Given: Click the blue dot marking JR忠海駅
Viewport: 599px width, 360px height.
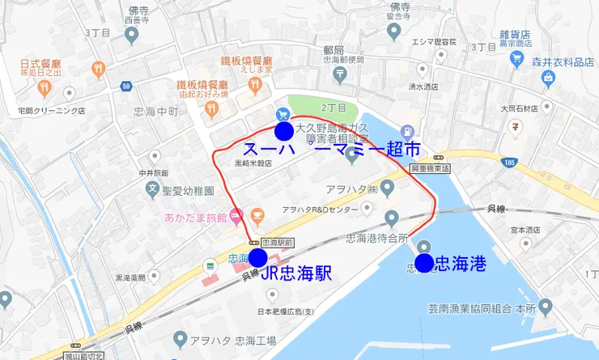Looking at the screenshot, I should (258, 258).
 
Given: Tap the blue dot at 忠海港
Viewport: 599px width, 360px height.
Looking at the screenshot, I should (423, 263).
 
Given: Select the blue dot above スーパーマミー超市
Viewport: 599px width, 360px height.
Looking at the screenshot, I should (284, 131).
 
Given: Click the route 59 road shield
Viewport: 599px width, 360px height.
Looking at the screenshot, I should (126, 85).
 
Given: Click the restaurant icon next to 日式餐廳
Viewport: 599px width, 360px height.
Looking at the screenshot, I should (98, 68).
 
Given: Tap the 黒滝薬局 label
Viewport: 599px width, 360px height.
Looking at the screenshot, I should (134, 277).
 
